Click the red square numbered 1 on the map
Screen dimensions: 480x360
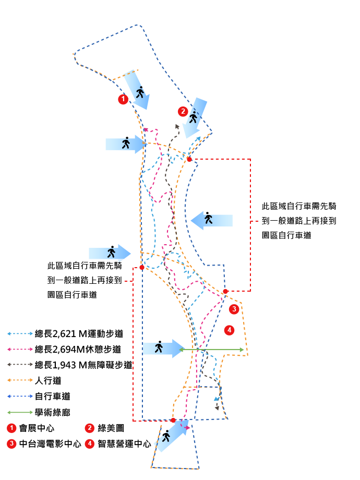123,99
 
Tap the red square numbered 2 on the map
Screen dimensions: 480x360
182,111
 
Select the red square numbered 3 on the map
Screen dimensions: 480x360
234,309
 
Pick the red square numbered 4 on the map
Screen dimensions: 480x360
229,330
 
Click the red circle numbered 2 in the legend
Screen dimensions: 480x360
90,428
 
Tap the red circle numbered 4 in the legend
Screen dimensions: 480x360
90,443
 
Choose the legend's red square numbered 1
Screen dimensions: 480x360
11,428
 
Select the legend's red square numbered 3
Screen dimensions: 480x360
11,443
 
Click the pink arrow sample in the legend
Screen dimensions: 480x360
20,349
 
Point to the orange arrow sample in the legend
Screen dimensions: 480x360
20,380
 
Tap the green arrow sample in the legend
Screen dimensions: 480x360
20,412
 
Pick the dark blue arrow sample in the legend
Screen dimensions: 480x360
20,396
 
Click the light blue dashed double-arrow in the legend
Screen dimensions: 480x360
20,333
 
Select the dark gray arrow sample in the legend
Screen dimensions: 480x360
20,365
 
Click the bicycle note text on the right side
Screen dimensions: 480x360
298,221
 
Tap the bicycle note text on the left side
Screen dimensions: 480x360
85,280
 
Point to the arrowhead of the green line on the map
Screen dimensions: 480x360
241,349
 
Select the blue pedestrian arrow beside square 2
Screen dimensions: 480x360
196,117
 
